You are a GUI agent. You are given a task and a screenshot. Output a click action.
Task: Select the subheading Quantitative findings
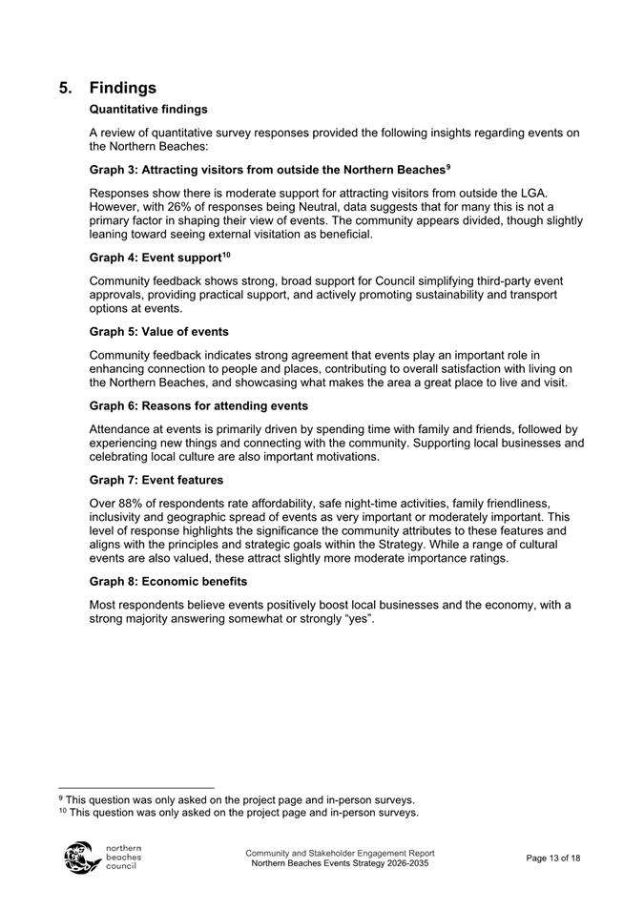[x=148, y=110]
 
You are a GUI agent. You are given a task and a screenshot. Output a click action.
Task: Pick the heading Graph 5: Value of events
[x=158, y=332]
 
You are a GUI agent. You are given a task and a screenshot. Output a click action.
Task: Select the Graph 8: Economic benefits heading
[x=168, y=582]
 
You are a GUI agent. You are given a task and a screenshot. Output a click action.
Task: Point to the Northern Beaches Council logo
[x=101, y=858]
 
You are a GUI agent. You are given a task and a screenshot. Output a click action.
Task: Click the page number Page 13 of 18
[x=552, y=858]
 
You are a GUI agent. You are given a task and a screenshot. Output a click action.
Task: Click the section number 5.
[x=66, y=88]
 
